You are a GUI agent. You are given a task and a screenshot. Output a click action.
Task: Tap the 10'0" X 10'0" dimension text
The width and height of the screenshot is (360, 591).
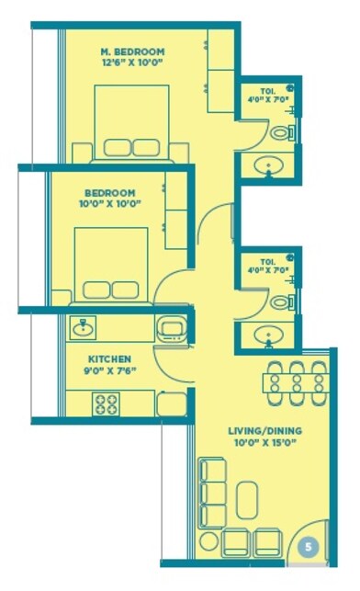tap(109, 204)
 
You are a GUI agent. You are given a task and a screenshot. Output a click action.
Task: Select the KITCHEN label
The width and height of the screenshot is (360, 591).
tap(109, 358)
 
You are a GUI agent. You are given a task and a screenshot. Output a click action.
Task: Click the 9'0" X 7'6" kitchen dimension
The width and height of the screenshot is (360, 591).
tap(109, 372)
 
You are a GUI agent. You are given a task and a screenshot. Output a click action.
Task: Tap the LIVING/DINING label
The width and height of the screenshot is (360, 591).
tap(264, 430)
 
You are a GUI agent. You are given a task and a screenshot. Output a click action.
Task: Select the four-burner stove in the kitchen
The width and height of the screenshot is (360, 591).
tap(106, 403)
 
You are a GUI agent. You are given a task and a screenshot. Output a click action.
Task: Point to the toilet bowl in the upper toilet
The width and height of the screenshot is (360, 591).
tap(282, 132)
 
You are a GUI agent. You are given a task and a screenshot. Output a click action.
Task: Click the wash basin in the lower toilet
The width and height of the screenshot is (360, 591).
tap(269, 334)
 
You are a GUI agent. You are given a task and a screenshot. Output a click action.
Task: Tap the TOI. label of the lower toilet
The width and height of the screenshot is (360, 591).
tap(267, 262)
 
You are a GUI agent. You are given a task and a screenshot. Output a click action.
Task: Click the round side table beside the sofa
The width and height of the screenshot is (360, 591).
tap(209, 540)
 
